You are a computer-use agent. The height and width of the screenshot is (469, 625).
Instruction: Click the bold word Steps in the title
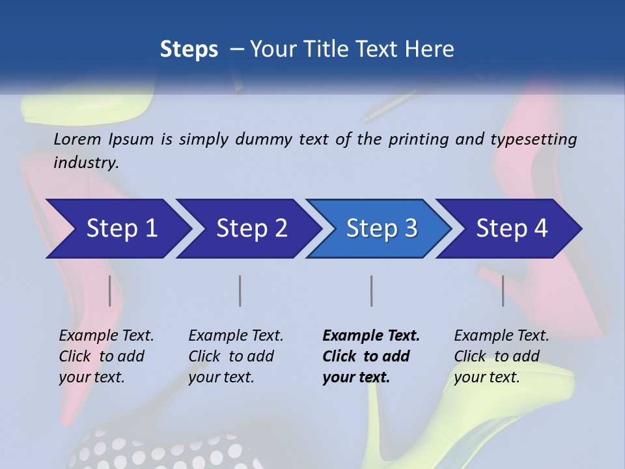189,50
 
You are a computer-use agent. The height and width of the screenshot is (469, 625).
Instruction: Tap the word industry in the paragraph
85,162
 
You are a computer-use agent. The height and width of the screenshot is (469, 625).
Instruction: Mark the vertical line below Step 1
110,291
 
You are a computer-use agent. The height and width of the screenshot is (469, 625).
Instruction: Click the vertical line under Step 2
240,291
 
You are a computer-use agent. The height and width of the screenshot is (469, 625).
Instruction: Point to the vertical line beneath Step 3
371,291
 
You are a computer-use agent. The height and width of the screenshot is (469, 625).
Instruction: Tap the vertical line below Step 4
503,291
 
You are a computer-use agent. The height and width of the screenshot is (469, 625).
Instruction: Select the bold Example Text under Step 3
371,336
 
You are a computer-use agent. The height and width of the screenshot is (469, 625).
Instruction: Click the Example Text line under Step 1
106,336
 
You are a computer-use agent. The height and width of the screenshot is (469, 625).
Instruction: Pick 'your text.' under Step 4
486,377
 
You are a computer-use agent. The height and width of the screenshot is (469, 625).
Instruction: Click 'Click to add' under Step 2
231,356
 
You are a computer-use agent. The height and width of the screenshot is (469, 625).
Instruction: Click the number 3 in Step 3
410,229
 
